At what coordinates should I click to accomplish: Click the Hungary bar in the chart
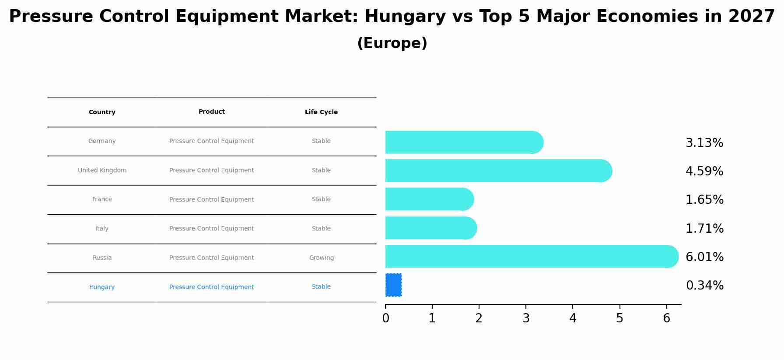(x=393, y=285)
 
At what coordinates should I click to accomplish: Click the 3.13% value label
(x=704, y=143)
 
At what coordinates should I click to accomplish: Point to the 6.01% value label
(x=704, y=257)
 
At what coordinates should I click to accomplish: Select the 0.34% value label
(x=704, y=286)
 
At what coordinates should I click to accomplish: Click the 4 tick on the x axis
(x=573, y=318)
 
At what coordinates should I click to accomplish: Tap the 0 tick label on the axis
(x=385, y=318)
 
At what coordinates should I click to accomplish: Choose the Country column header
(x=102, y=112)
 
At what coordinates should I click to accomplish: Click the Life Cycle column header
(x=321, y=112)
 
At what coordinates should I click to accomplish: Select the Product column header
(x=211, y=112)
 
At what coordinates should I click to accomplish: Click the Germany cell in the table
(x=102, y=141)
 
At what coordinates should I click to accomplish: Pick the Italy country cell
(x=102, y=229)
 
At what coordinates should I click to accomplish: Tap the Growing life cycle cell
(x=321, y=258)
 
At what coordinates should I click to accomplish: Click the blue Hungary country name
(x=102, y=287)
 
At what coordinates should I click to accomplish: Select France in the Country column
(x=102, y=199)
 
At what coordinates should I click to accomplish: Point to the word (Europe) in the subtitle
(x=392, y=43)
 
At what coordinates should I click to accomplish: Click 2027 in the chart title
(x=751, y=17)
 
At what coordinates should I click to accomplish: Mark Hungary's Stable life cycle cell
(x=321, y=287)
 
